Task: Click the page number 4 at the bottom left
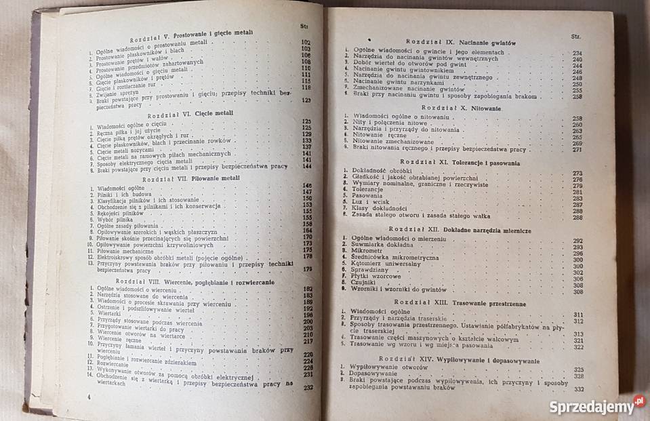(x=88, y=394)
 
